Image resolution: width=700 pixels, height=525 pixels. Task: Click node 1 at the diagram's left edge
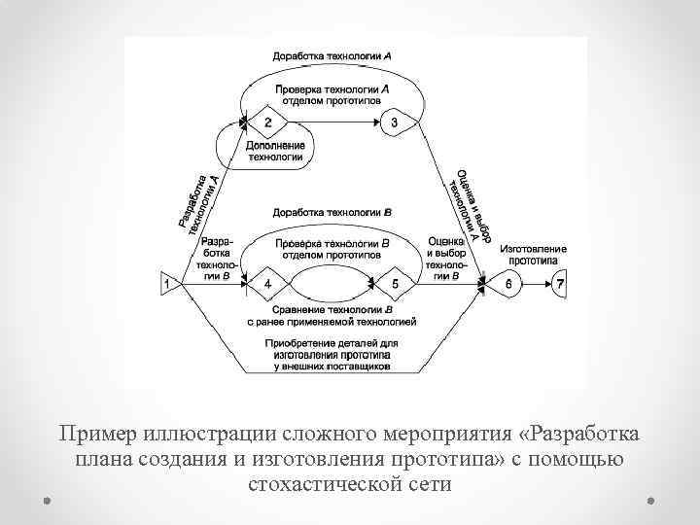point(168,283)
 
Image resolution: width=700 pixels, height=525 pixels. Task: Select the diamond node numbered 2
point(267,122)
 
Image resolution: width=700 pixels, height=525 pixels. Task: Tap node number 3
point(395,122)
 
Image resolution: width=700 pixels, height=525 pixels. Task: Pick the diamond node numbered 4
point(267,284)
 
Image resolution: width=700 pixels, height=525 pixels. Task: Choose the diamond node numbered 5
point(395,284)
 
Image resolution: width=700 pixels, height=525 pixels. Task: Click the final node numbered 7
point(559,284)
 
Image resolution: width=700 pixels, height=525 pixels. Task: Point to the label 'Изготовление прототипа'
point(534,256)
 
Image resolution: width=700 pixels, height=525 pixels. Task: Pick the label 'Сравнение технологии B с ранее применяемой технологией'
point(332,314)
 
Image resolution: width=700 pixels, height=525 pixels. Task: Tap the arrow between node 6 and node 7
point(537,284)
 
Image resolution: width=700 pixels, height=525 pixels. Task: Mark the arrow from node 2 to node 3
point(331,122)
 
